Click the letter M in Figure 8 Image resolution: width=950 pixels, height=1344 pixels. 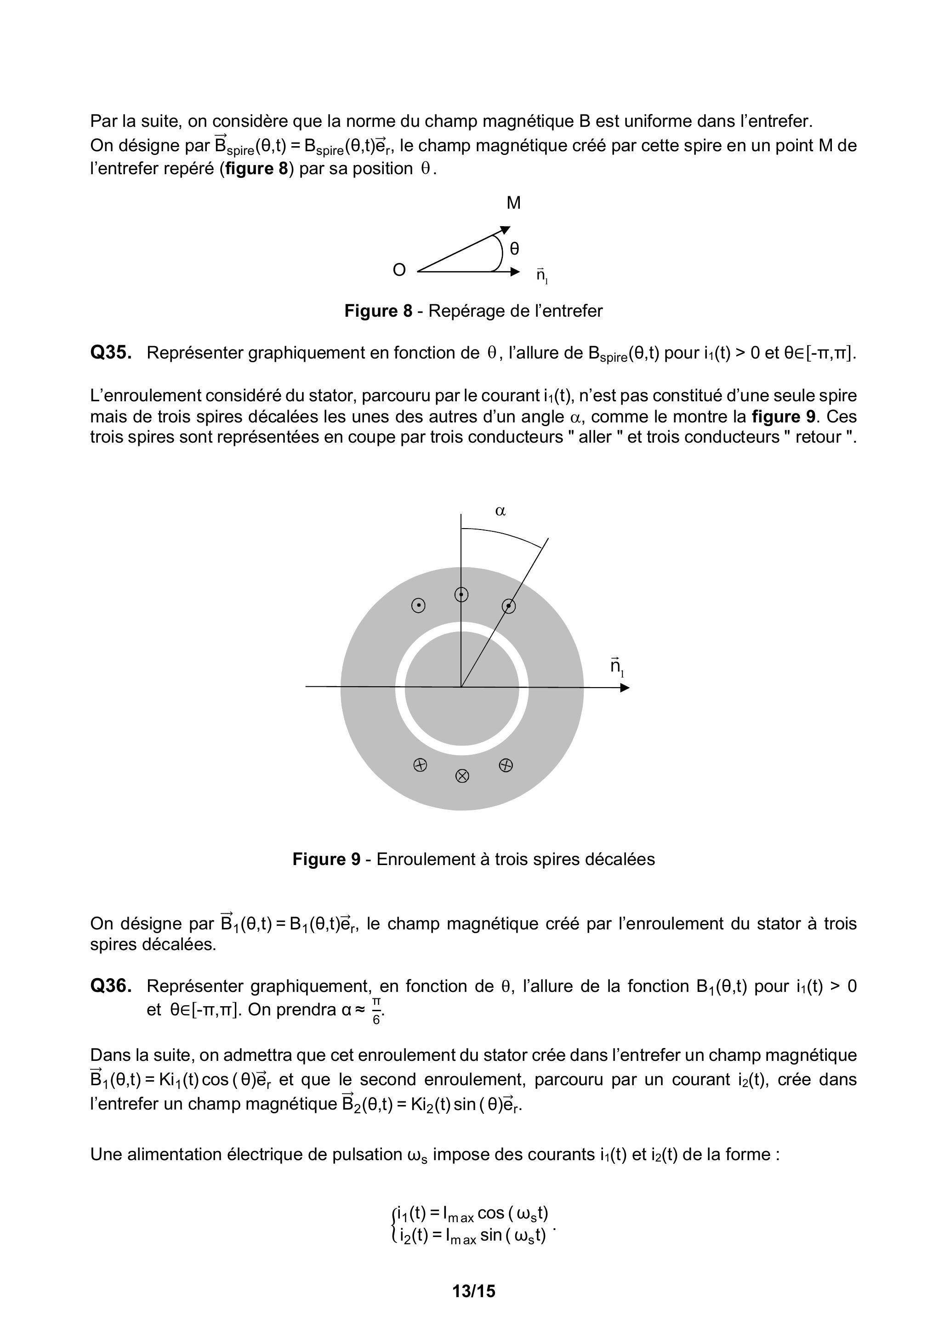pos(513,203)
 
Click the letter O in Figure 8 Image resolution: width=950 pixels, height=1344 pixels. pos(399,270)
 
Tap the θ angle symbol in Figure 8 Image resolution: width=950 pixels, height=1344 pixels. pos(514,249)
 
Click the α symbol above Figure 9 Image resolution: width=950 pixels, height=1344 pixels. pos(500,511)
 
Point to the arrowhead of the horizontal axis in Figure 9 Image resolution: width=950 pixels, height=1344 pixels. pos(625,687)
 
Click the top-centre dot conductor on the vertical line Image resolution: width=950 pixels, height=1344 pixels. pos(462,595)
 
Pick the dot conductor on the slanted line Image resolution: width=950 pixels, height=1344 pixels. pos(509,606)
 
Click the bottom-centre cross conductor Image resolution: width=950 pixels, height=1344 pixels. pos(462,776)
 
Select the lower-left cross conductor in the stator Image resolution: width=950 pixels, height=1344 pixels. pos(420,764)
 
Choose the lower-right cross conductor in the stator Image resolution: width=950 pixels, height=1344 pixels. pos(506,764)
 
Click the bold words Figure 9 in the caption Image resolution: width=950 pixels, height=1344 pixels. pos(326,860)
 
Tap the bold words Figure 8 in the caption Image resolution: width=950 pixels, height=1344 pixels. pos(378,311)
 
